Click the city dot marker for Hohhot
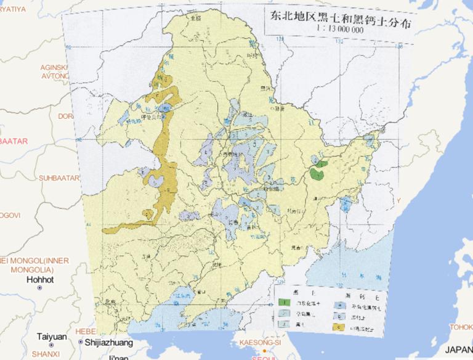(x=40, y=288)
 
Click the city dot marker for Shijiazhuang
(x=81, y=342)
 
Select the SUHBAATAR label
(x=60, y=178)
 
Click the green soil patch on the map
(x=318, y=169)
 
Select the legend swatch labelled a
(x=338, y=305)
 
